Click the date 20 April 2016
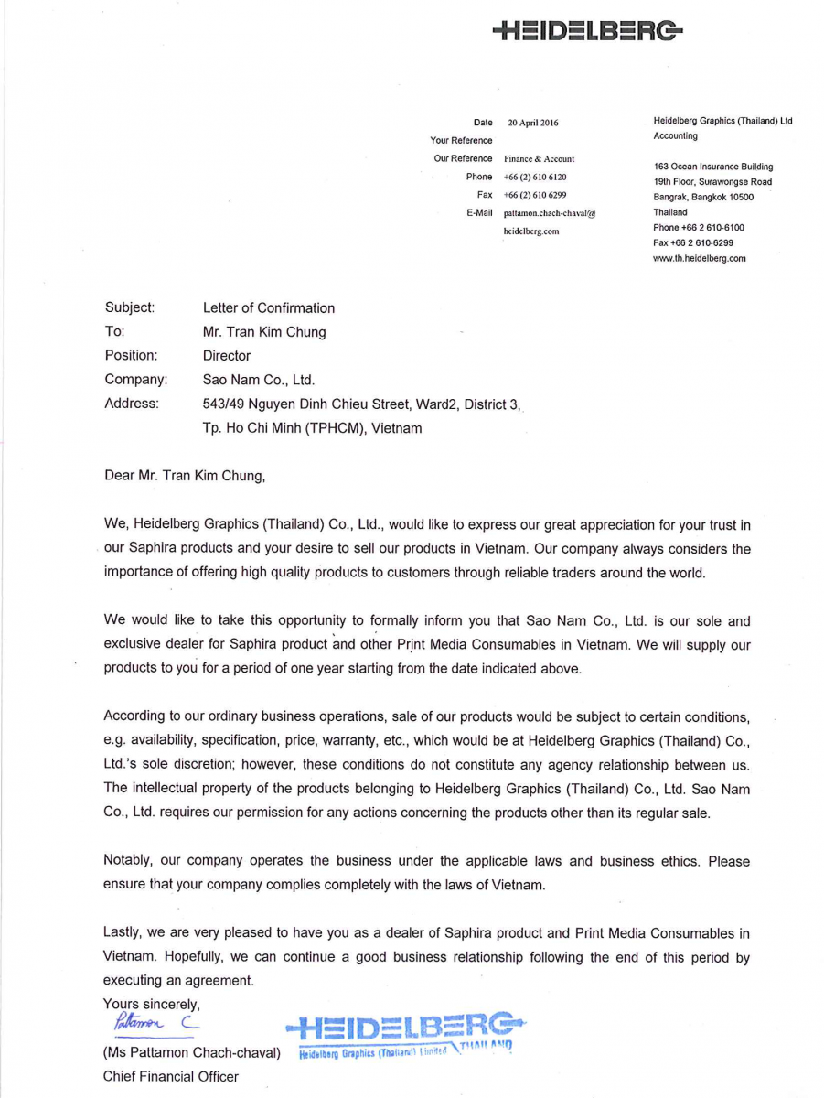point(532,123)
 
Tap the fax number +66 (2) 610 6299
point(535,195)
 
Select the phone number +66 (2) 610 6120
point(535,177)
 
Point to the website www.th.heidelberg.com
point(699,258)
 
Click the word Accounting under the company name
point(675,136)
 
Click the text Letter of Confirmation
point(269,308)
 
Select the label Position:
point(131,355)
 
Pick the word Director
point(227,355)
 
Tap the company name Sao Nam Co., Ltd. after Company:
point(258,379)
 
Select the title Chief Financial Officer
point(170,1076)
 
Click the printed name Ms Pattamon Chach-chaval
point(191,1052)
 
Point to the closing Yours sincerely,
point(152,1004)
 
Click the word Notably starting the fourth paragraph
point(130,861)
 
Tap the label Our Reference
point(463,159)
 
